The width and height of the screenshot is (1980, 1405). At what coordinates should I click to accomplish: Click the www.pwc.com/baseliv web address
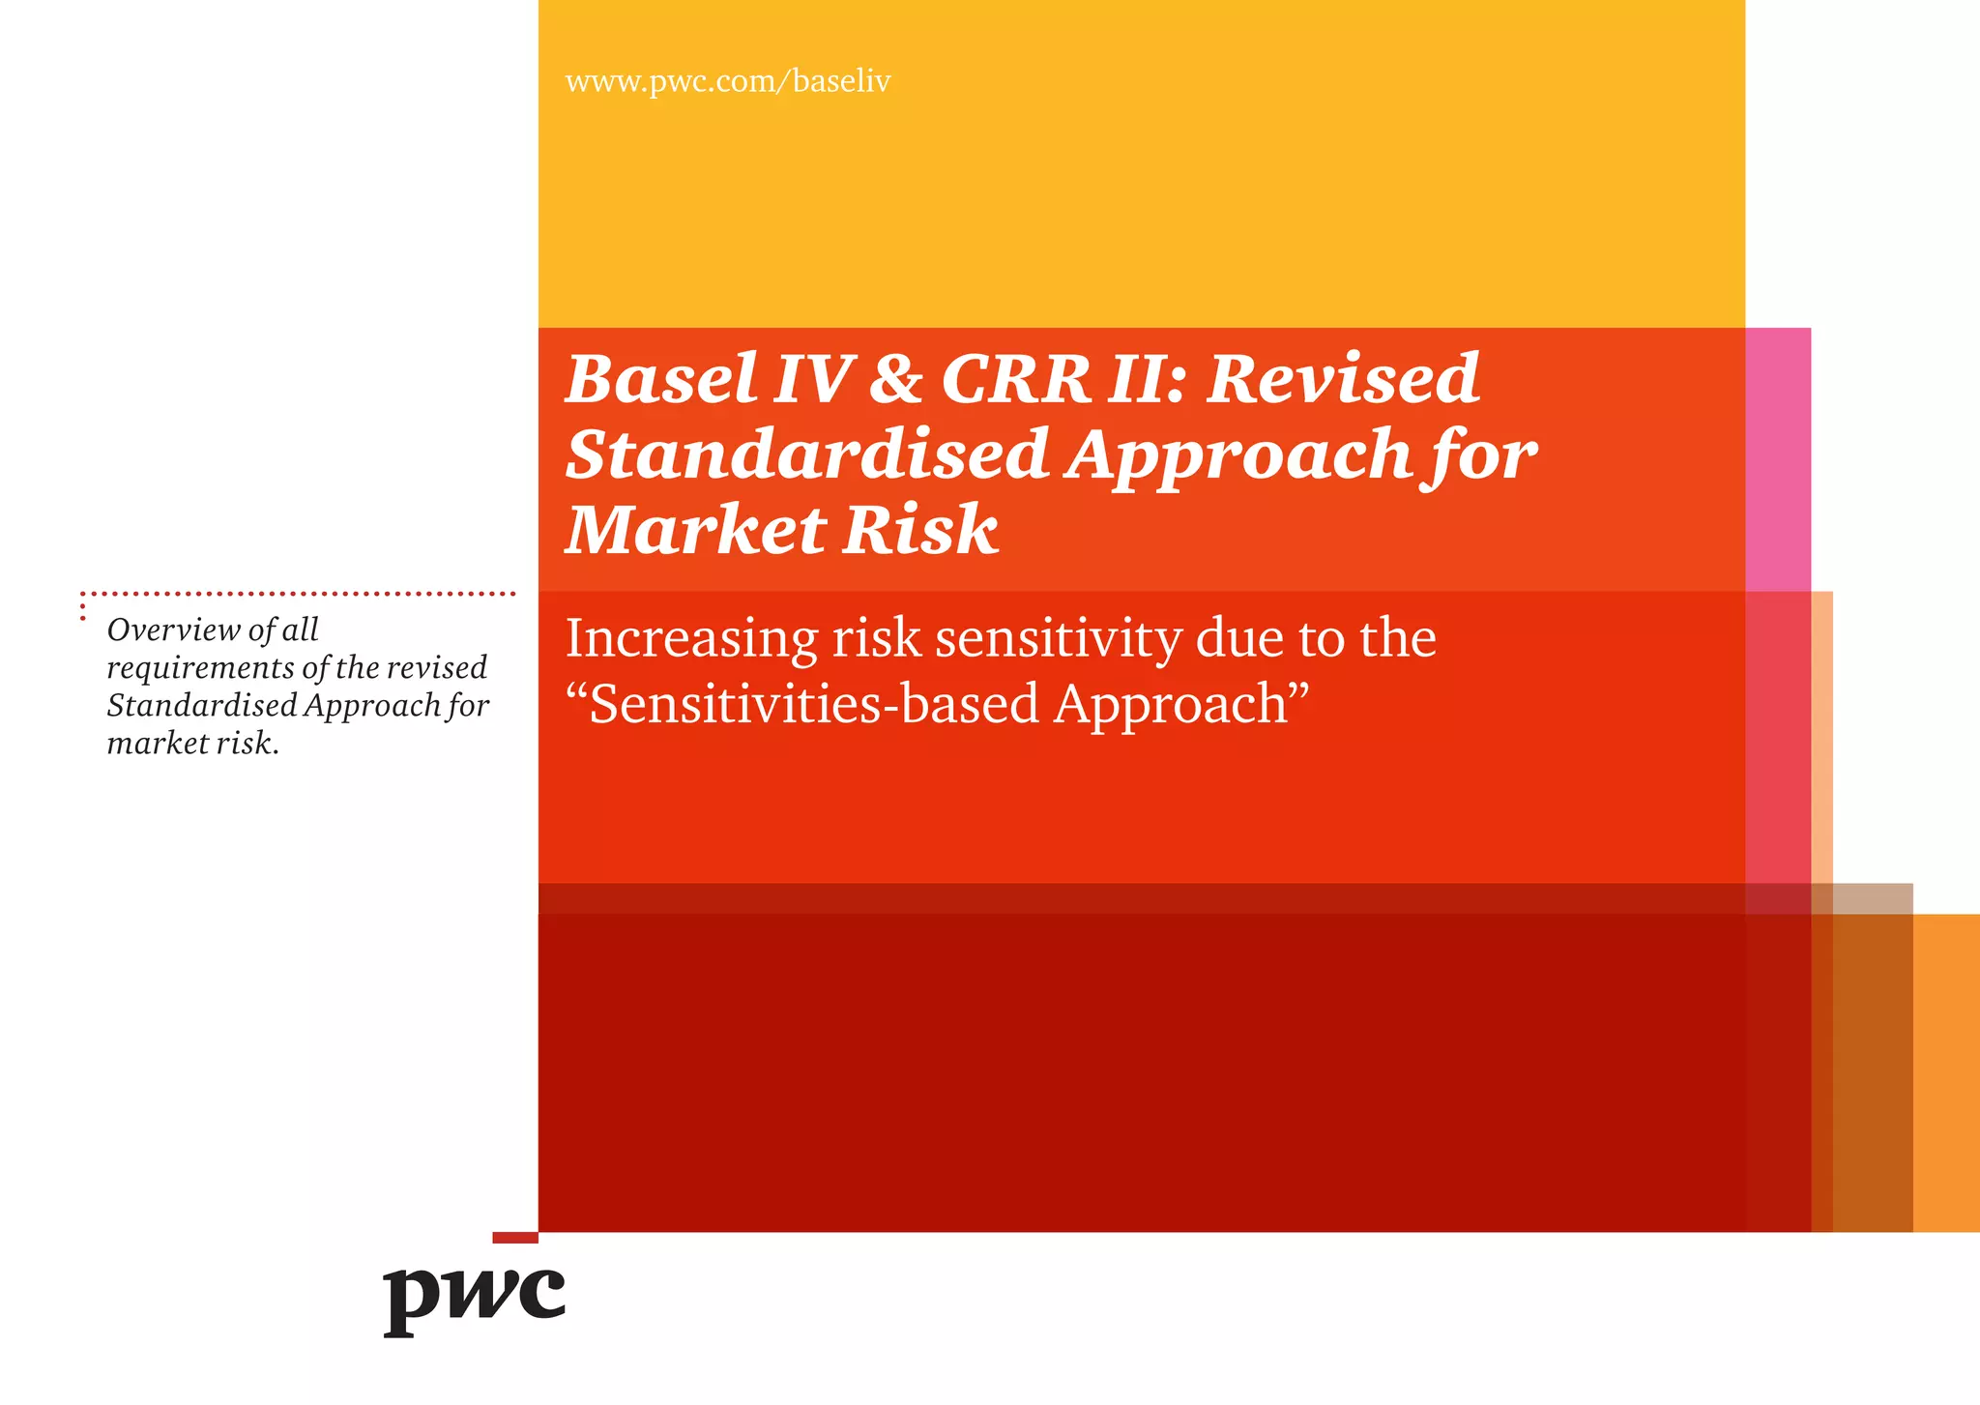(x=727, y=81)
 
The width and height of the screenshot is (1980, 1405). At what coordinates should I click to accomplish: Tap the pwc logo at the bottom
(x=474, y=1298)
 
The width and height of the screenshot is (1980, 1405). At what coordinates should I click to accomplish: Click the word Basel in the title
(x=661, y=379)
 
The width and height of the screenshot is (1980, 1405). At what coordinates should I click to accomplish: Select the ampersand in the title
(x=895, y=379)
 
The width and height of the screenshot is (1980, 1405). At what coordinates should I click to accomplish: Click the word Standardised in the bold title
(x=806, y=454)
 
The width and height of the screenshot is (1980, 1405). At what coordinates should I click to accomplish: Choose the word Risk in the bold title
(x=920, y=531)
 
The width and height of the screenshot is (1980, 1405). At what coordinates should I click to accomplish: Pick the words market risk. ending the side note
(x=192, y=744)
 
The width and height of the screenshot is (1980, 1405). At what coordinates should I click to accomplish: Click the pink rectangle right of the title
(x=1778, y=458)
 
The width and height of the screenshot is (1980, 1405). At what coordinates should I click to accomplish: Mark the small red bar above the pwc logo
(x=514, y=1238)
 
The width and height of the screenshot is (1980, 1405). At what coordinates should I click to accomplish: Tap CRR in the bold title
(x=1015, y=379)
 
